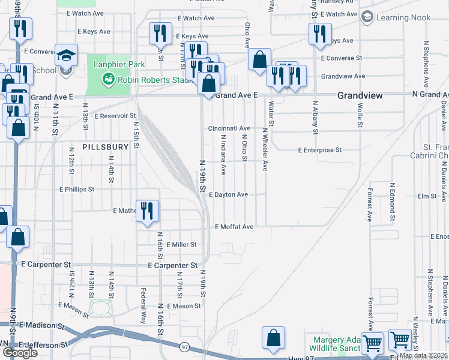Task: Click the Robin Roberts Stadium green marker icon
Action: (108, 78)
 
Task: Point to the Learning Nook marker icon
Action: (367, 17)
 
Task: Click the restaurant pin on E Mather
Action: (147, 211)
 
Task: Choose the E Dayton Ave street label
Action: (228, 195)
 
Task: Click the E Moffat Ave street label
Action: (234, 227)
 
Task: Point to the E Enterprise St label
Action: (320, 150)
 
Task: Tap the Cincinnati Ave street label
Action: (229, 128)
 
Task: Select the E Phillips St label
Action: (77, 189)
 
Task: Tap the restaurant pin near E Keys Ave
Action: (160, 34)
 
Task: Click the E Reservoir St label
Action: (116, 116)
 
